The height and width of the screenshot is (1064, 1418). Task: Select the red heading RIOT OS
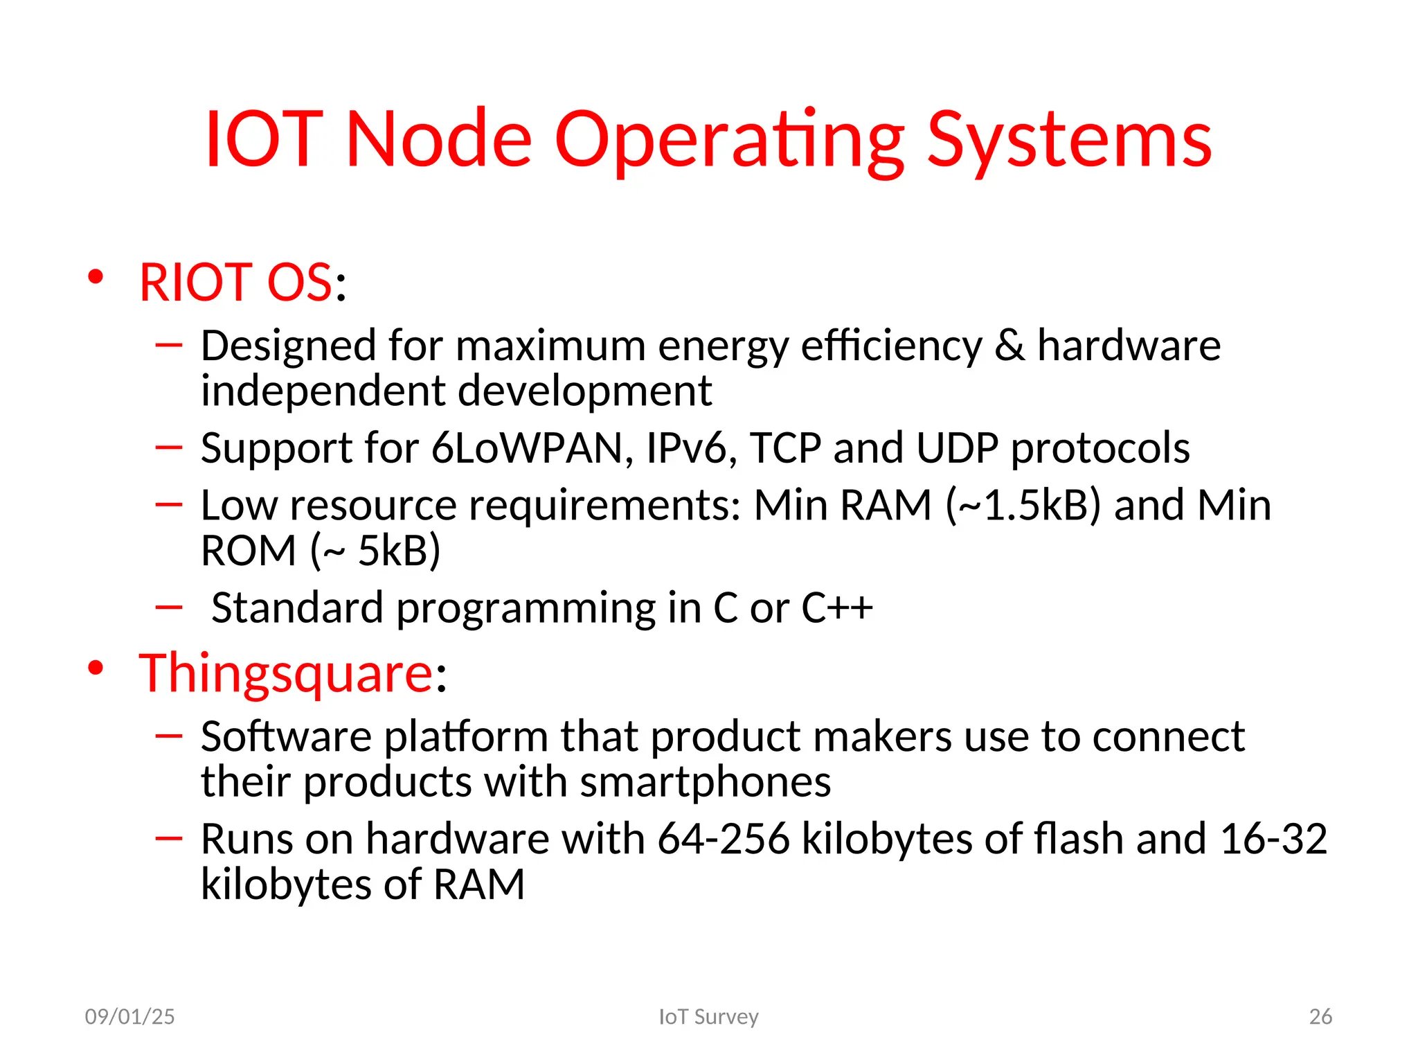point(236,283)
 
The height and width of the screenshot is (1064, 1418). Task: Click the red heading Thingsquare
point(286,673)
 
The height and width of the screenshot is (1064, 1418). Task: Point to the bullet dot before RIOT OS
point(96,278)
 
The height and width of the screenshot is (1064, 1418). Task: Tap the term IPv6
point(690,448)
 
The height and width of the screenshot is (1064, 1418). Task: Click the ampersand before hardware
point(1010,346)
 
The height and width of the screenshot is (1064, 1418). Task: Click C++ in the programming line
point(837,608)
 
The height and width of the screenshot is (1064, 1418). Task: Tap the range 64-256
point(723,839)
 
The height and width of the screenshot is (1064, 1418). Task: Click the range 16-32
point(1273,839)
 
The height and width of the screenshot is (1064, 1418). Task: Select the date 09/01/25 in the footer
point(129,1016)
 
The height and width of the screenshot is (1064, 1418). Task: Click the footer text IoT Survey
point(708,1016)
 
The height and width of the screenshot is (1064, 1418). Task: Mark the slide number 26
point(1320,1016)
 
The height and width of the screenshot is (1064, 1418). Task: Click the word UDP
point(957,448)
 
